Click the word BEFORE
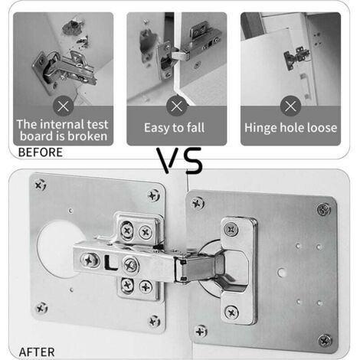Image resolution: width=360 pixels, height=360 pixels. (41, 152)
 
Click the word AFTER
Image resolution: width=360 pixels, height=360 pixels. (37, 352)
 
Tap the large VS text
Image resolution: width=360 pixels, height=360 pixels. (179, 160)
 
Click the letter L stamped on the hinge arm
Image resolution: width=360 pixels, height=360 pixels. (110, 263)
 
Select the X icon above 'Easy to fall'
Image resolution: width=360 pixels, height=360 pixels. (177, 106)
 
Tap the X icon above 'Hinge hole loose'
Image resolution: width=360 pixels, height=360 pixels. (290, 106)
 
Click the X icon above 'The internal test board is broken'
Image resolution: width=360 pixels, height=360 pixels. (64, 106)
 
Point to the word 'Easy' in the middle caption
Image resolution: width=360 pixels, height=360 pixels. (156, 128)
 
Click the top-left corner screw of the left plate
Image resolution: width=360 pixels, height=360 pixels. (40, 185)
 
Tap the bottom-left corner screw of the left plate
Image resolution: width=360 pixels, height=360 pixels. (41, 308)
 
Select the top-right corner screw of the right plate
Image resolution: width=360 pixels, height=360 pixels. (323, 209)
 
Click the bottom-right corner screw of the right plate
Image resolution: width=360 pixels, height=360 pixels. (325, 340)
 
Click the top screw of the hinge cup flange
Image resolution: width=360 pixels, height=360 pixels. (231, 229)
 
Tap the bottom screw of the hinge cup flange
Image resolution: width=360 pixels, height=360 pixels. (231, 313)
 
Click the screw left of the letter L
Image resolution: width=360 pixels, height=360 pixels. (90, 260)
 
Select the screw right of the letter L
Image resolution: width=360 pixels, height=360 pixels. (131, 265)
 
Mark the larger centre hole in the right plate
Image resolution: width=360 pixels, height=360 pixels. (281, 273)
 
